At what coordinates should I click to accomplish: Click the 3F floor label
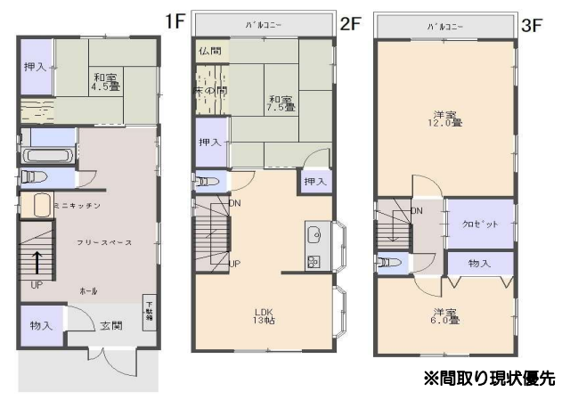click(531, 24)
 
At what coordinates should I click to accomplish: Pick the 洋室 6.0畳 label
click(445, 316)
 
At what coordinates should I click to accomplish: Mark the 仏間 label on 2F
click(210, 52)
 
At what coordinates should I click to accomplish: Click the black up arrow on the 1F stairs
click(37, 263)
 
